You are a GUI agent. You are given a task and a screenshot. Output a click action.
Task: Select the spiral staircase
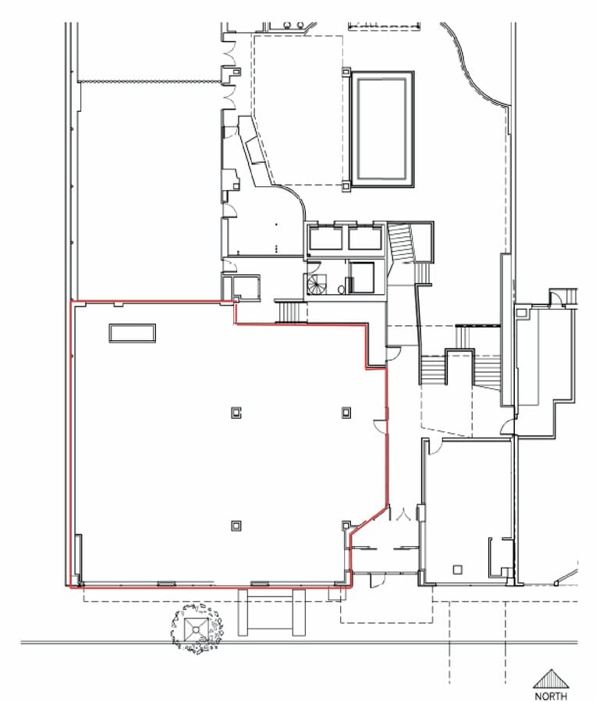point(318,284)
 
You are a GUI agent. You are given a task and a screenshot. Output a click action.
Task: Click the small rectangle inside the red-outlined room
point(132,333)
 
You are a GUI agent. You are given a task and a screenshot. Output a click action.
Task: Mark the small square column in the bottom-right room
point(459,568)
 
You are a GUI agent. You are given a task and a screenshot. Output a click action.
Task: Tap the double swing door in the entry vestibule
point(403,515)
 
